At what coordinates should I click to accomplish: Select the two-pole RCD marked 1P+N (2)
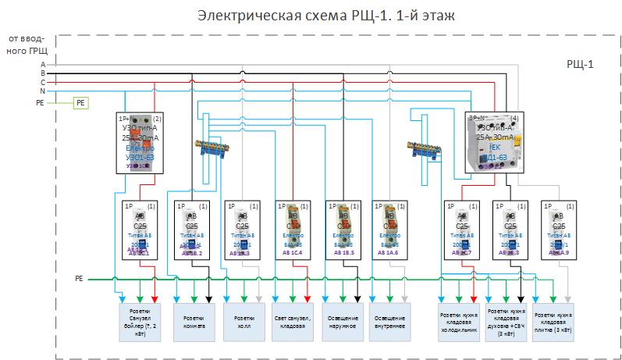140,142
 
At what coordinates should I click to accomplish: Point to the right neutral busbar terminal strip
427,148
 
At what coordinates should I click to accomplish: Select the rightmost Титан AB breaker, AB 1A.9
558,230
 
